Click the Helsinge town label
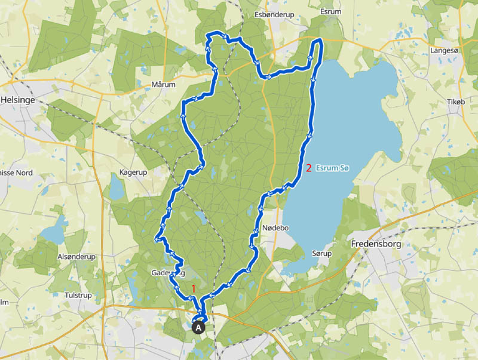20,100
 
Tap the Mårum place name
164,85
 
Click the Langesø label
445,51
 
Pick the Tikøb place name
455,102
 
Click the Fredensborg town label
378,244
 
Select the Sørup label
322,254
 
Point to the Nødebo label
275,228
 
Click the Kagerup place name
133,172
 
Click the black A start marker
199,327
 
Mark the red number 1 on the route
193,288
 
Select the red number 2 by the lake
308,168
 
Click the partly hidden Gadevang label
168,273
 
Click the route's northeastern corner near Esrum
321,41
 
